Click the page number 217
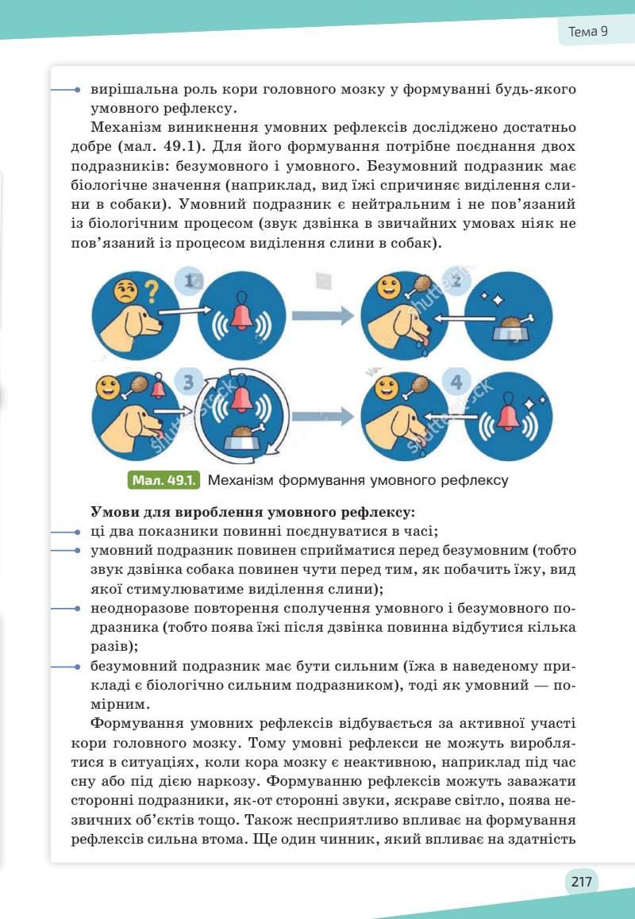(x=581, y=881)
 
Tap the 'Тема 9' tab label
(x=588, y=32)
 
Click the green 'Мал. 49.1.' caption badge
(x=163, y=480)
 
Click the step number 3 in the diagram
(x=188, y=383)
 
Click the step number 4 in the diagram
(x=456, y=383)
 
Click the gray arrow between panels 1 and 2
(x=321, y=316)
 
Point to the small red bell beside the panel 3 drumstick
(x=159, y=388)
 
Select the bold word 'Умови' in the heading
(x=113, y=514)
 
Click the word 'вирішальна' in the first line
(x=133, y=90)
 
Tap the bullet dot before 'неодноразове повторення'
(x=77, y=609)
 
